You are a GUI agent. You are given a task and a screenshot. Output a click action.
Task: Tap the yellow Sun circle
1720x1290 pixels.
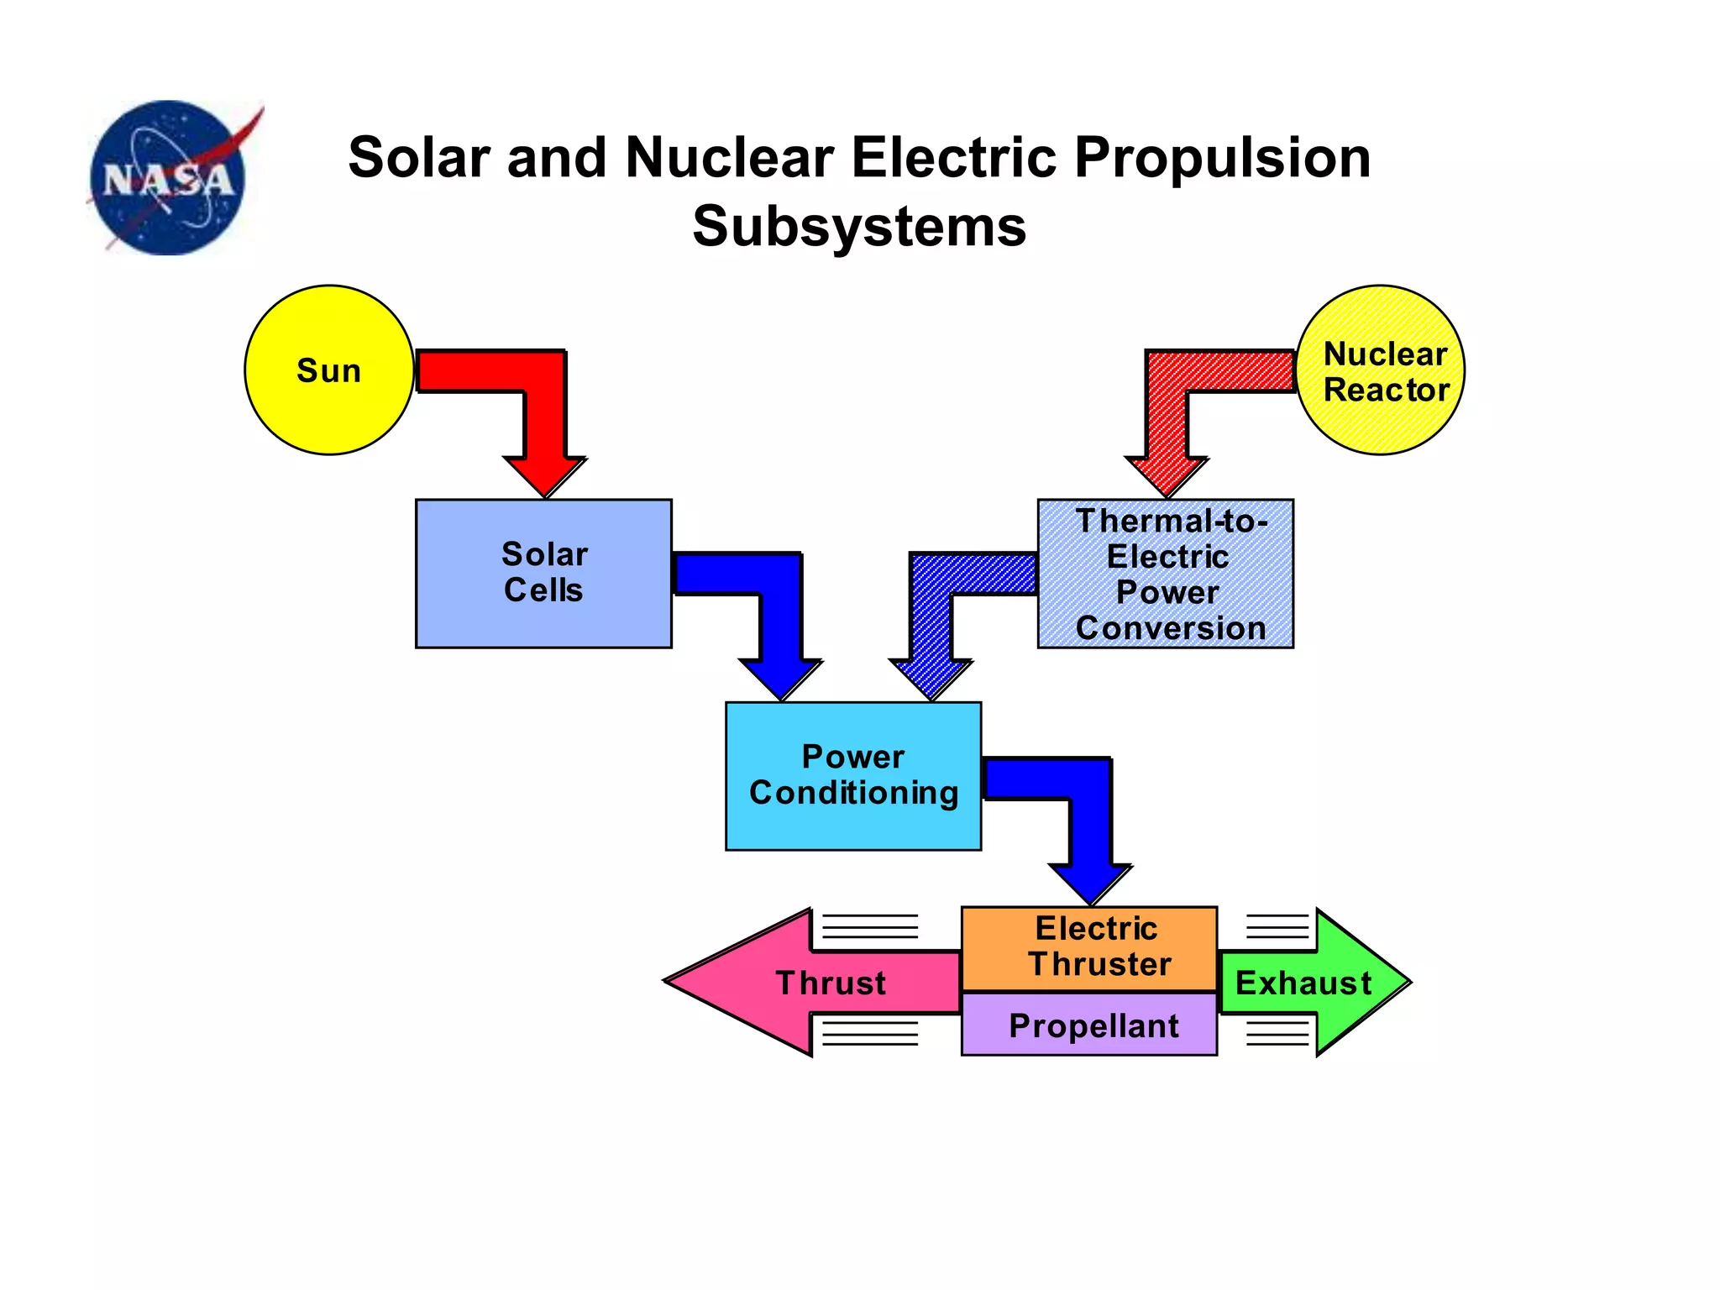coord(328,370)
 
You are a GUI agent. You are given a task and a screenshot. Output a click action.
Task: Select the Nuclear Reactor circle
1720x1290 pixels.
coord(1381,370)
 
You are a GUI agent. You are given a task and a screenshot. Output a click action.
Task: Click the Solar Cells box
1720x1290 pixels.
coord(543,574)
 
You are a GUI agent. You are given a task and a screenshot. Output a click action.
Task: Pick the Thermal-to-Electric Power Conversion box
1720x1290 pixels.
coord(1166,574)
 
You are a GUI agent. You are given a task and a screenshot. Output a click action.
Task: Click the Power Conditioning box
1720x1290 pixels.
coord(853,776)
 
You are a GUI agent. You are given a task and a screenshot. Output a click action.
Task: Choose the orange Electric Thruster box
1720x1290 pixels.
coord(1089,947)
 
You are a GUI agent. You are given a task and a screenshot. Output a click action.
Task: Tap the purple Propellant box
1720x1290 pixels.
coord(1089,1025)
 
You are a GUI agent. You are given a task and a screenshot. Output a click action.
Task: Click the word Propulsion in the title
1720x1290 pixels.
coord(1222,158)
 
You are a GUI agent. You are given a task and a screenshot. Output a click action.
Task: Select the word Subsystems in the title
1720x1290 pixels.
coord(859,226)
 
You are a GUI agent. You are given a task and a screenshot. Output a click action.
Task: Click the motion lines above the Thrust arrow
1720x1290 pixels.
coord(869,926)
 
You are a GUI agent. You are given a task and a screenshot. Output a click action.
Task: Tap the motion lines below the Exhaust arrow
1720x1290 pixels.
coord(1277,1032)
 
